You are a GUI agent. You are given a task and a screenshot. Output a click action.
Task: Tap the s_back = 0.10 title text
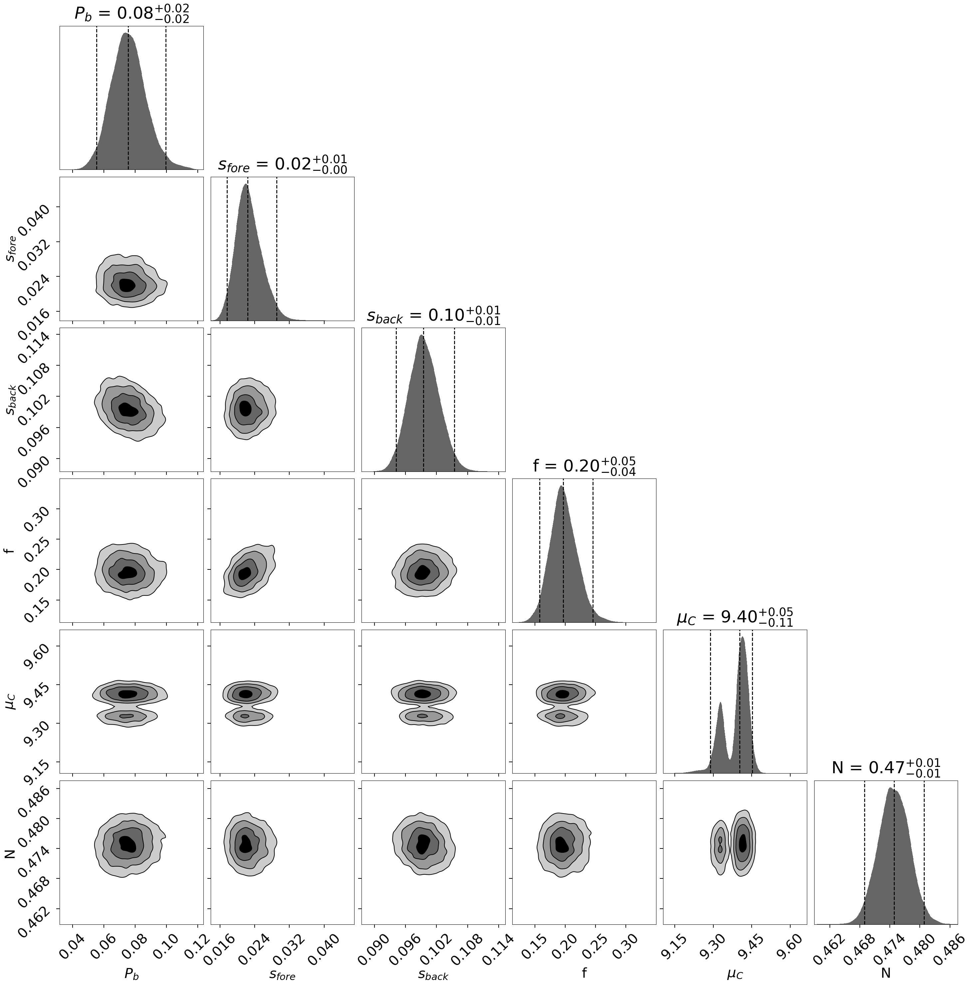[433, 316]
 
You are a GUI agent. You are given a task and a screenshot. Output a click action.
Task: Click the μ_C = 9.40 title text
[735, 618]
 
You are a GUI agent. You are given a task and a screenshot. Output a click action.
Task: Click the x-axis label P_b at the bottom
[131, 974]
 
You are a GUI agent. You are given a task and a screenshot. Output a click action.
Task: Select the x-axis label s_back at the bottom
[433, 974]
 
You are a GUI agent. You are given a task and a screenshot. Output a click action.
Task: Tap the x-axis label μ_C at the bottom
[735, 974]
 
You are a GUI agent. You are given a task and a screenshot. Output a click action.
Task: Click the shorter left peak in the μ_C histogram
[720, 705]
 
